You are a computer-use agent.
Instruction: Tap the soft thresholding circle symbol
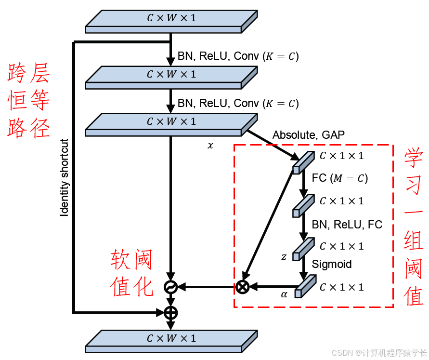(171, 287)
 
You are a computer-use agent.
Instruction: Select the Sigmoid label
(332, 264)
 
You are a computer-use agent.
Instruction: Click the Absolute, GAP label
(309, 135)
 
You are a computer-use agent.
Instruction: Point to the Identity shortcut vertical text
(65, 178)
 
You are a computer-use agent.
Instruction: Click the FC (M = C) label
(340, 178)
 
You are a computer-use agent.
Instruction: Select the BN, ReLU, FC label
(347, 225)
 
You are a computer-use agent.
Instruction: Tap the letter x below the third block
(210, 145)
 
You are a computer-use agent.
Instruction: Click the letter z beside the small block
(284, 257)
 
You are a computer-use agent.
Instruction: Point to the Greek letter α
(284, 293)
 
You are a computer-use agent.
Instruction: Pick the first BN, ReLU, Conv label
(238, 56)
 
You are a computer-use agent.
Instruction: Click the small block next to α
(305, 286)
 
